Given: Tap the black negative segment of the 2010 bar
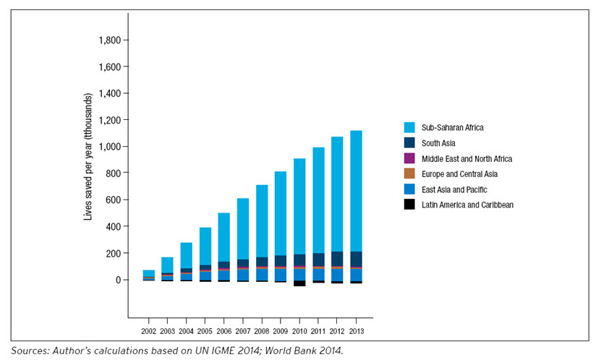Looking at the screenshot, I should [299, 283].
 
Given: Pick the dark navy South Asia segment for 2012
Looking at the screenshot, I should [337, 259].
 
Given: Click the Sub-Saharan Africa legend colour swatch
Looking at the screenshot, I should [409, 127].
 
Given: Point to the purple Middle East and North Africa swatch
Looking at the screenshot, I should [409, 158].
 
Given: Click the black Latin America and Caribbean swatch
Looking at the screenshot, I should [409, 205].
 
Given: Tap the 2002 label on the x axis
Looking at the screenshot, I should [148, 330].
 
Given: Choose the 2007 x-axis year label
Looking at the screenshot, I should [243, 330].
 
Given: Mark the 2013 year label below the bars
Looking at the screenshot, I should [356, 330].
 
